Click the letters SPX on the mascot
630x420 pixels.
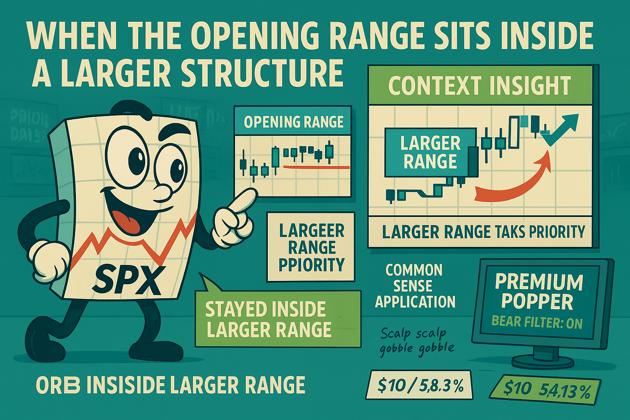(x=125, y=281)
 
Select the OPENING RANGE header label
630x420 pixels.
(x=293, y=122)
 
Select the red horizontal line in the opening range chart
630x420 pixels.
(x=316, y=167)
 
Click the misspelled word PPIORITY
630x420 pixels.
(x=311, y=265)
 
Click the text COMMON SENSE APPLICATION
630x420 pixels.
(x=415, y=286)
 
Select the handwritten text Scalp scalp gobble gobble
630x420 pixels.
(x=417, y=341)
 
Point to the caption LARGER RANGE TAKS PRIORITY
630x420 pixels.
(x=483, y=232)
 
